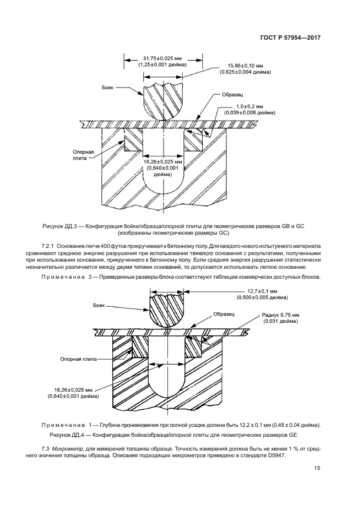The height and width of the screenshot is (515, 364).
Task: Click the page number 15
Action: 317,468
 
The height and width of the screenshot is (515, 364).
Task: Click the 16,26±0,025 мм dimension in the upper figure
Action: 162,162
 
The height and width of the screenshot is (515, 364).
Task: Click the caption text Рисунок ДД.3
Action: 59,226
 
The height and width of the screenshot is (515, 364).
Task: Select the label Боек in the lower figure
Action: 115,305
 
